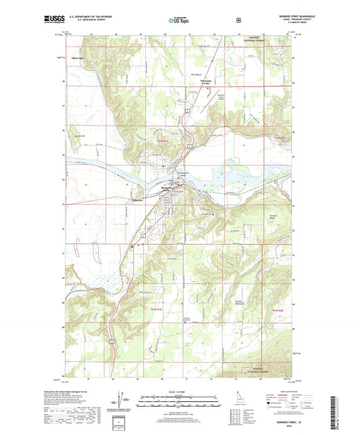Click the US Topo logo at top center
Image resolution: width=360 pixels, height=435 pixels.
[178, 21]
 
